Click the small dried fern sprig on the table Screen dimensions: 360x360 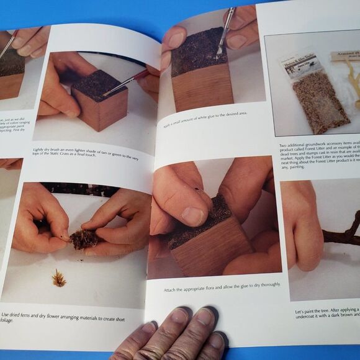click(59, 278)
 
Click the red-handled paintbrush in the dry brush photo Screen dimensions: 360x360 click(124, 84)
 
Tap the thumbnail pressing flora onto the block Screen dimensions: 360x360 click(192, 216)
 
